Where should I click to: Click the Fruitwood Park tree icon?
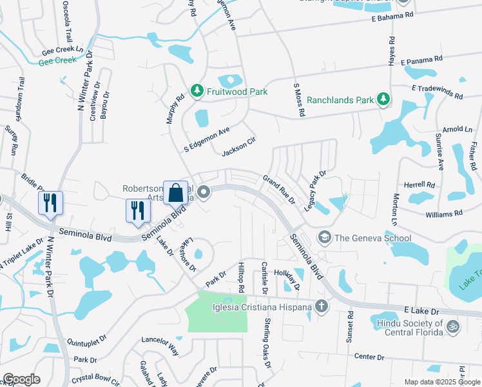[197, 92]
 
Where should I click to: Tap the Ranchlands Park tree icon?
[383, 99]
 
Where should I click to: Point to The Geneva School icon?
[324, 238]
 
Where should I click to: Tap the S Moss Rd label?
[298, 99]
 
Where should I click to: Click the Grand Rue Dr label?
[278, 190]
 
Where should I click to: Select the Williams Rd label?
[444, 212]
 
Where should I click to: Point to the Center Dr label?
[369, 357]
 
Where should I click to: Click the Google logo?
[21, 379]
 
